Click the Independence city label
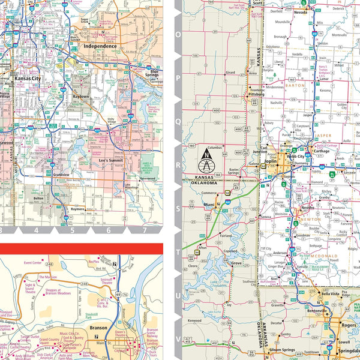point(100,46)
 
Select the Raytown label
point(80,96)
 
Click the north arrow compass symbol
point(206,163)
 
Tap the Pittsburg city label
point(256,95)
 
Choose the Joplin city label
point(270,161)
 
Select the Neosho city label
point(308,208)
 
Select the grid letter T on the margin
point(177,252)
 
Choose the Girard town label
point(230,72)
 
